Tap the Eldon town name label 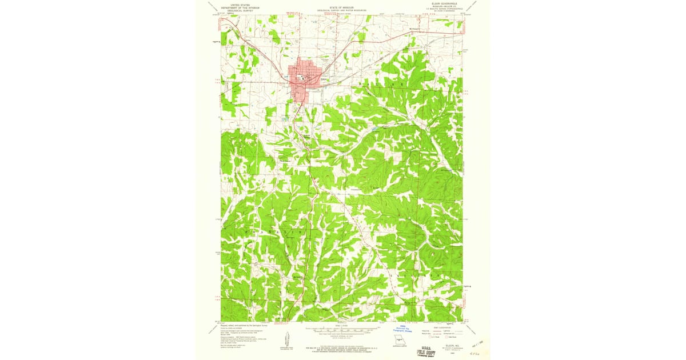pyautogui.click(x=324, y=79)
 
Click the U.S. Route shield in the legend pyautogui.click(x=433, y=339)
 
